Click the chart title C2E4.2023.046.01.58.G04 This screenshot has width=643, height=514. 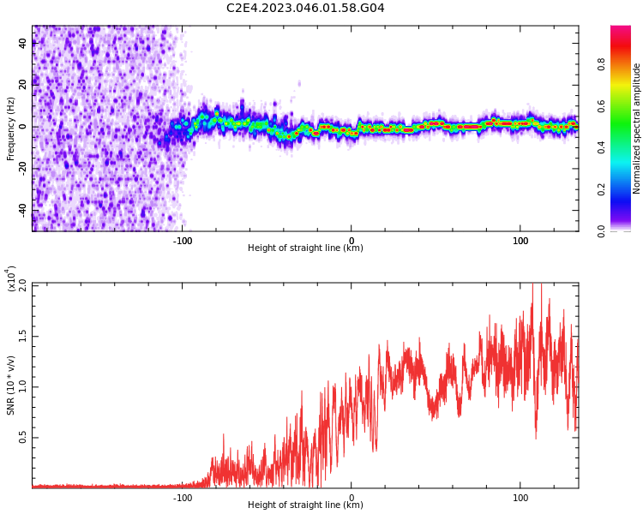305,9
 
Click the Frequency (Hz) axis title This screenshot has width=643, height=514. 11,128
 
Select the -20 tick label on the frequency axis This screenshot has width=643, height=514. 23,168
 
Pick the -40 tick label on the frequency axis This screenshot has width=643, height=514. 23,209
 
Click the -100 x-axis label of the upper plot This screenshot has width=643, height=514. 183,240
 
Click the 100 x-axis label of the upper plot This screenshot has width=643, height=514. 520,240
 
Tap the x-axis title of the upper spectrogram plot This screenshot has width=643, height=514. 305,248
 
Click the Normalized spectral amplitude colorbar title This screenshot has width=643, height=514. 637,128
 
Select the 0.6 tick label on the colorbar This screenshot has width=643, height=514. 625,106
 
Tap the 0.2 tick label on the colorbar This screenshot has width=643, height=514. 625,189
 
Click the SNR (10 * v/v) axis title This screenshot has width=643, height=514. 11,385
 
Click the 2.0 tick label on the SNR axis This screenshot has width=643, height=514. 23,284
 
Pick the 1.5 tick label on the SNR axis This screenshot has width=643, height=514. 23,335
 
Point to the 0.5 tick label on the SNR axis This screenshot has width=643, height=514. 23,437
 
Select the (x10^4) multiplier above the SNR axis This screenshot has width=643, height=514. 11,279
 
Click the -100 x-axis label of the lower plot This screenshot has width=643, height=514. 183,497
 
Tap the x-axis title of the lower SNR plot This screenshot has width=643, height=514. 305,505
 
